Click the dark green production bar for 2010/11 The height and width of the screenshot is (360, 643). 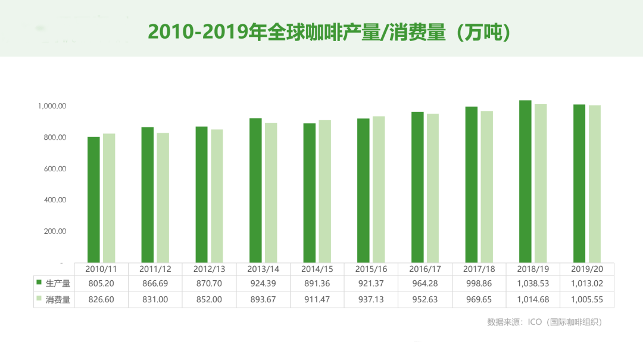pyautogui.click(x=93, y=199)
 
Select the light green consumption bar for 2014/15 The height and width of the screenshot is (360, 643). pyautogui.click(x=324, y=191)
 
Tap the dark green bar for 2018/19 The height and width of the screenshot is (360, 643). pyautogui.click(x=525, y=181)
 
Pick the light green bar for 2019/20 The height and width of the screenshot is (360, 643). pyautogui.click(x=595, y=184)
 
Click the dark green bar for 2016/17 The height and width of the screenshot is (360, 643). pyautogui.click(x=417, y=187)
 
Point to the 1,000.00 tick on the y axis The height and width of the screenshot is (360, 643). pyautogui.click(x=52, y=106)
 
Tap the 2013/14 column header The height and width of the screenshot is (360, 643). pyautogui.click(x=263, y=269)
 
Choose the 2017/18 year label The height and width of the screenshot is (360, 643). pyautogui.click(x=479, y=269)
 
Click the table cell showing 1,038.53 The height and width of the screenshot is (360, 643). pyautogui.click(x=533, y=284)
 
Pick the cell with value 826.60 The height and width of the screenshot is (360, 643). pyautogui.click(x=101, y=300)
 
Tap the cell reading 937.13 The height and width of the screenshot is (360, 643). pyautogui.click(x=371, y=300)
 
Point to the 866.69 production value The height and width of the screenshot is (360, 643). pyautogui.click(x=155, y=284)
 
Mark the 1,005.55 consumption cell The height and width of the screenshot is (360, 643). pyautogui.click(x=586, y=300)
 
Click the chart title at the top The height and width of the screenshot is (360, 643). pyautogui.click(x=329, y=32)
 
